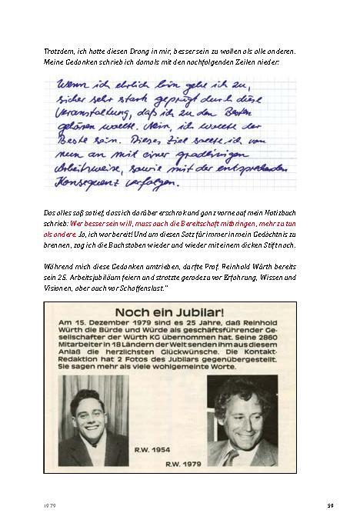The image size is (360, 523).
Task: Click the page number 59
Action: [x=329, y=505]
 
